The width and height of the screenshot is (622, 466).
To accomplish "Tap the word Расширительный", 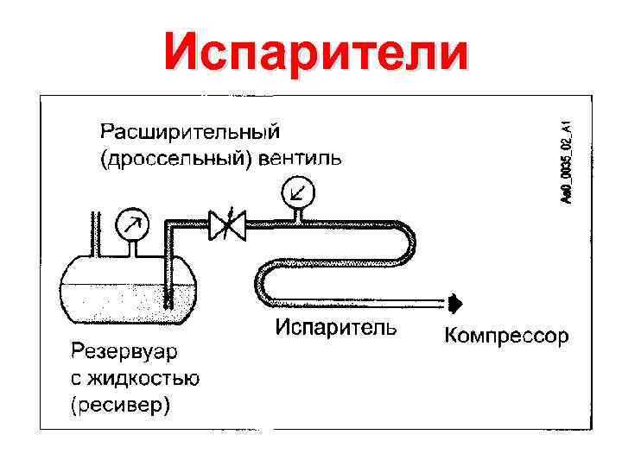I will (191, 132).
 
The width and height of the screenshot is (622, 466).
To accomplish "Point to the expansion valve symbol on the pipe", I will (227, 227).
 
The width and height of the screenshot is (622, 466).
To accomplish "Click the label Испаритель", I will (336, 327).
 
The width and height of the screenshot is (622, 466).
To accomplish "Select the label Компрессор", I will (506, 336).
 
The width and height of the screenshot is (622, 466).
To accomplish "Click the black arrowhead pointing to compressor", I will (455, 302).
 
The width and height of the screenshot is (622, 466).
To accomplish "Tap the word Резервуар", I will (127, 352).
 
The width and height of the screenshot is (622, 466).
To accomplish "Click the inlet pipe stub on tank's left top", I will (94, 233).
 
